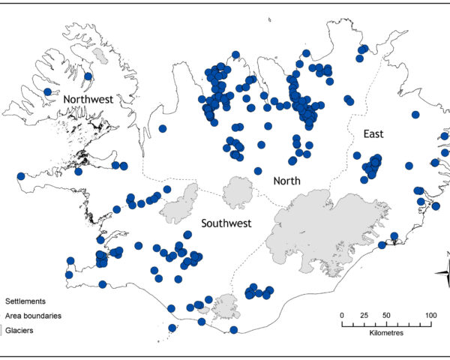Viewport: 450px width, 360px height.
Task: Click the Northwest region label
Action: coord(88,98)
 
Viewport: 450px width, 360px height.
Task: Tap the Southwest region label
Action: coord(226,223)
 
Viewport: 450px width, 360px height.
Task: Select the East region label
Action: coord(373,134)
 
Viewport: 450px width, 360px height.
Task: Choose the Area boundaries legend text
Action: coord(34,316)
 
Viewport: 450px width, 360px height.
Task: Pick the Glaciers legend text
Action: coord(21,330)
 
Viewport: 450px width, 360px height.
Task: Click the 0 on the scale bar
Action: coord(342,315)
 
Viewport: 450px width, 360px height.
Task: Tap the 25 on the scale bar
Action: coord(364,315)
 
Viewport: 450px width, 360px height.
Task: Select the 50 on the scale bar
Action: coord(386,315)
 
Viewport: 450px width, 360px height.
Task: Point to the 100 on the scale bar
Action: coord(430,315)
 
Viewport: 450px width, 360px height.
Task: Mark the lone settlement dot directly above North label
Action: coord(258,170)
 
